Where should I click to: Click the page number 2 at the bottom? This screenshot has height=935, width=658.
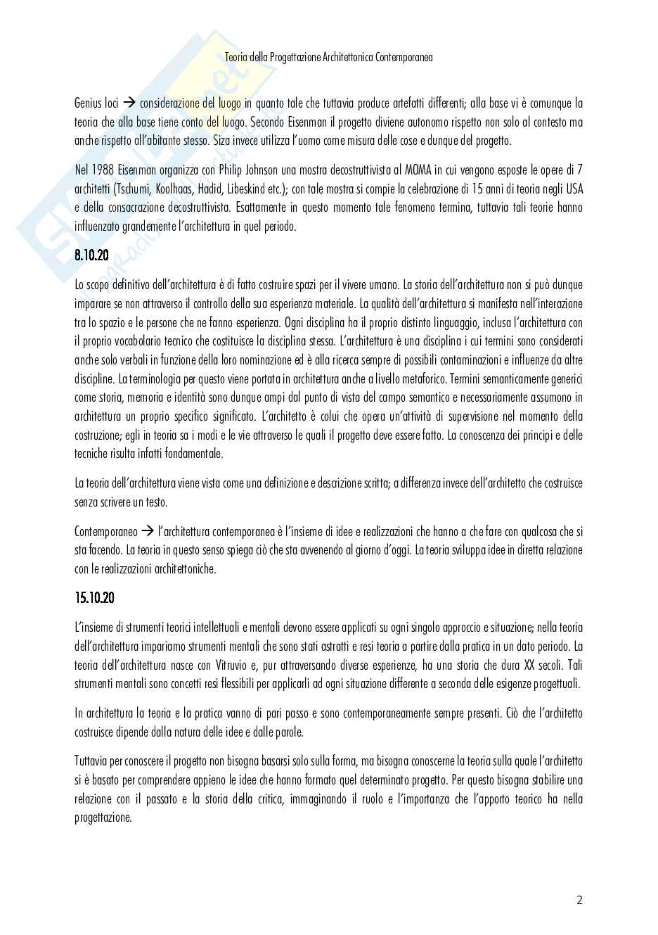(x=579, y=900)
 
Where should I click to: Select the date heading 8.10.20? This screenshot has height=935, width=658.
(x=91, y=255)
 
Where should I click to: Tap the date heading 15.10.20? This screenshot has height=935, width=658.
(x=94, y=598)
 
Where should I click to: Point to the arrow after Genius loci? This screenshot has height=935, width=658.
(x=129, y=103)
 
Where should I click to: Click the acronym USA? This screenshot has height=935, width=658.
(x=572, y=189)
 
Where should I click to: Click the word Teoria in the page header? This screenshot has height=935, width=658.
(x=236, y=57)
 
